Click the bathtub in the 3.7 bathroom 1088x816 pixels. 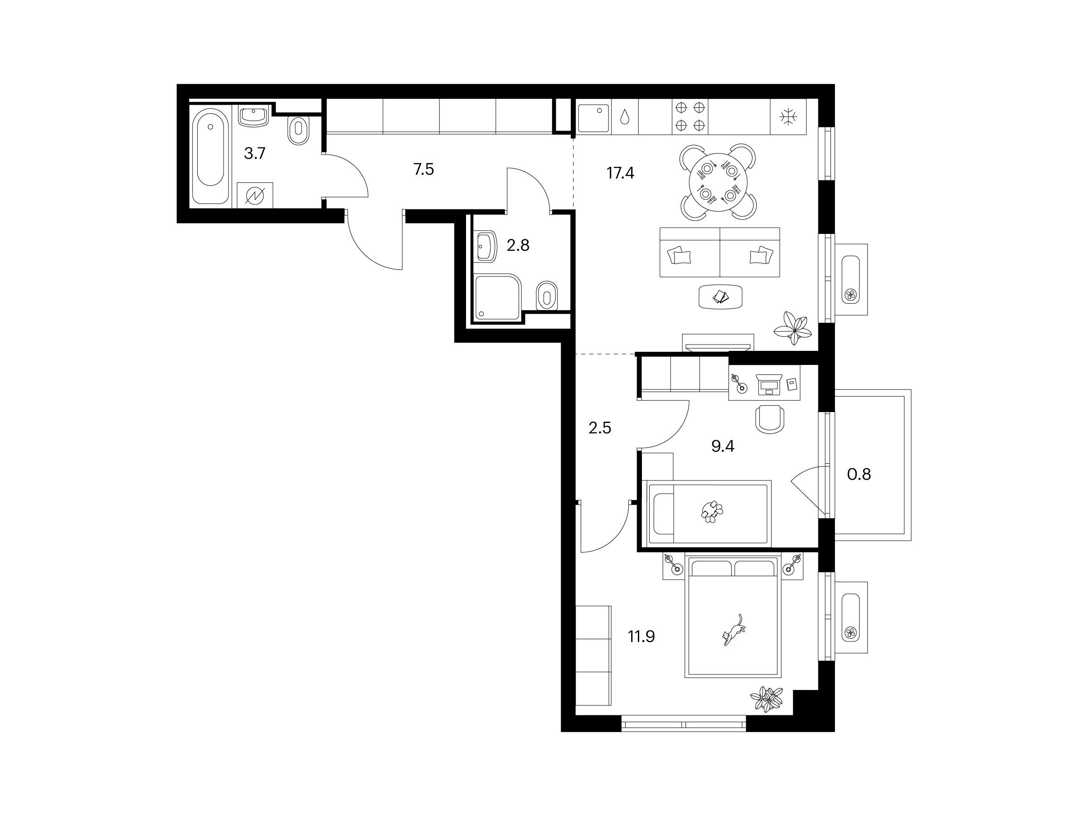tap(210, 156)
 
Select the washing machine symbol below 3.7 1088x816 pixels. tap(255, 195)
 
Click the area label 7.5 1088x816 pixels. tap(423, 170)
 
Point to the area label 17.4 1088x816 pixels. tap(620, 173)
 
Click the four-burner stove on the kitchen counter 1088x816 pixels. tap(690, 116)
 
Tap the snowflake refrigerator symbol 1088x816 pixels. tap(788, 117)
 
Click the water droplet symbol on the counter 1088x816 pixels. tap(625, 117)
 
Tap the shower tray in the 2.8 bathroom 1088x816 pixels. tap(498, 296)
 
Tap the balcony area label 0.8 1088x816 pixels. tap(859, 474)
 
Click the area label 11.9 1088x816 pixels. tap(641, 637)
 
